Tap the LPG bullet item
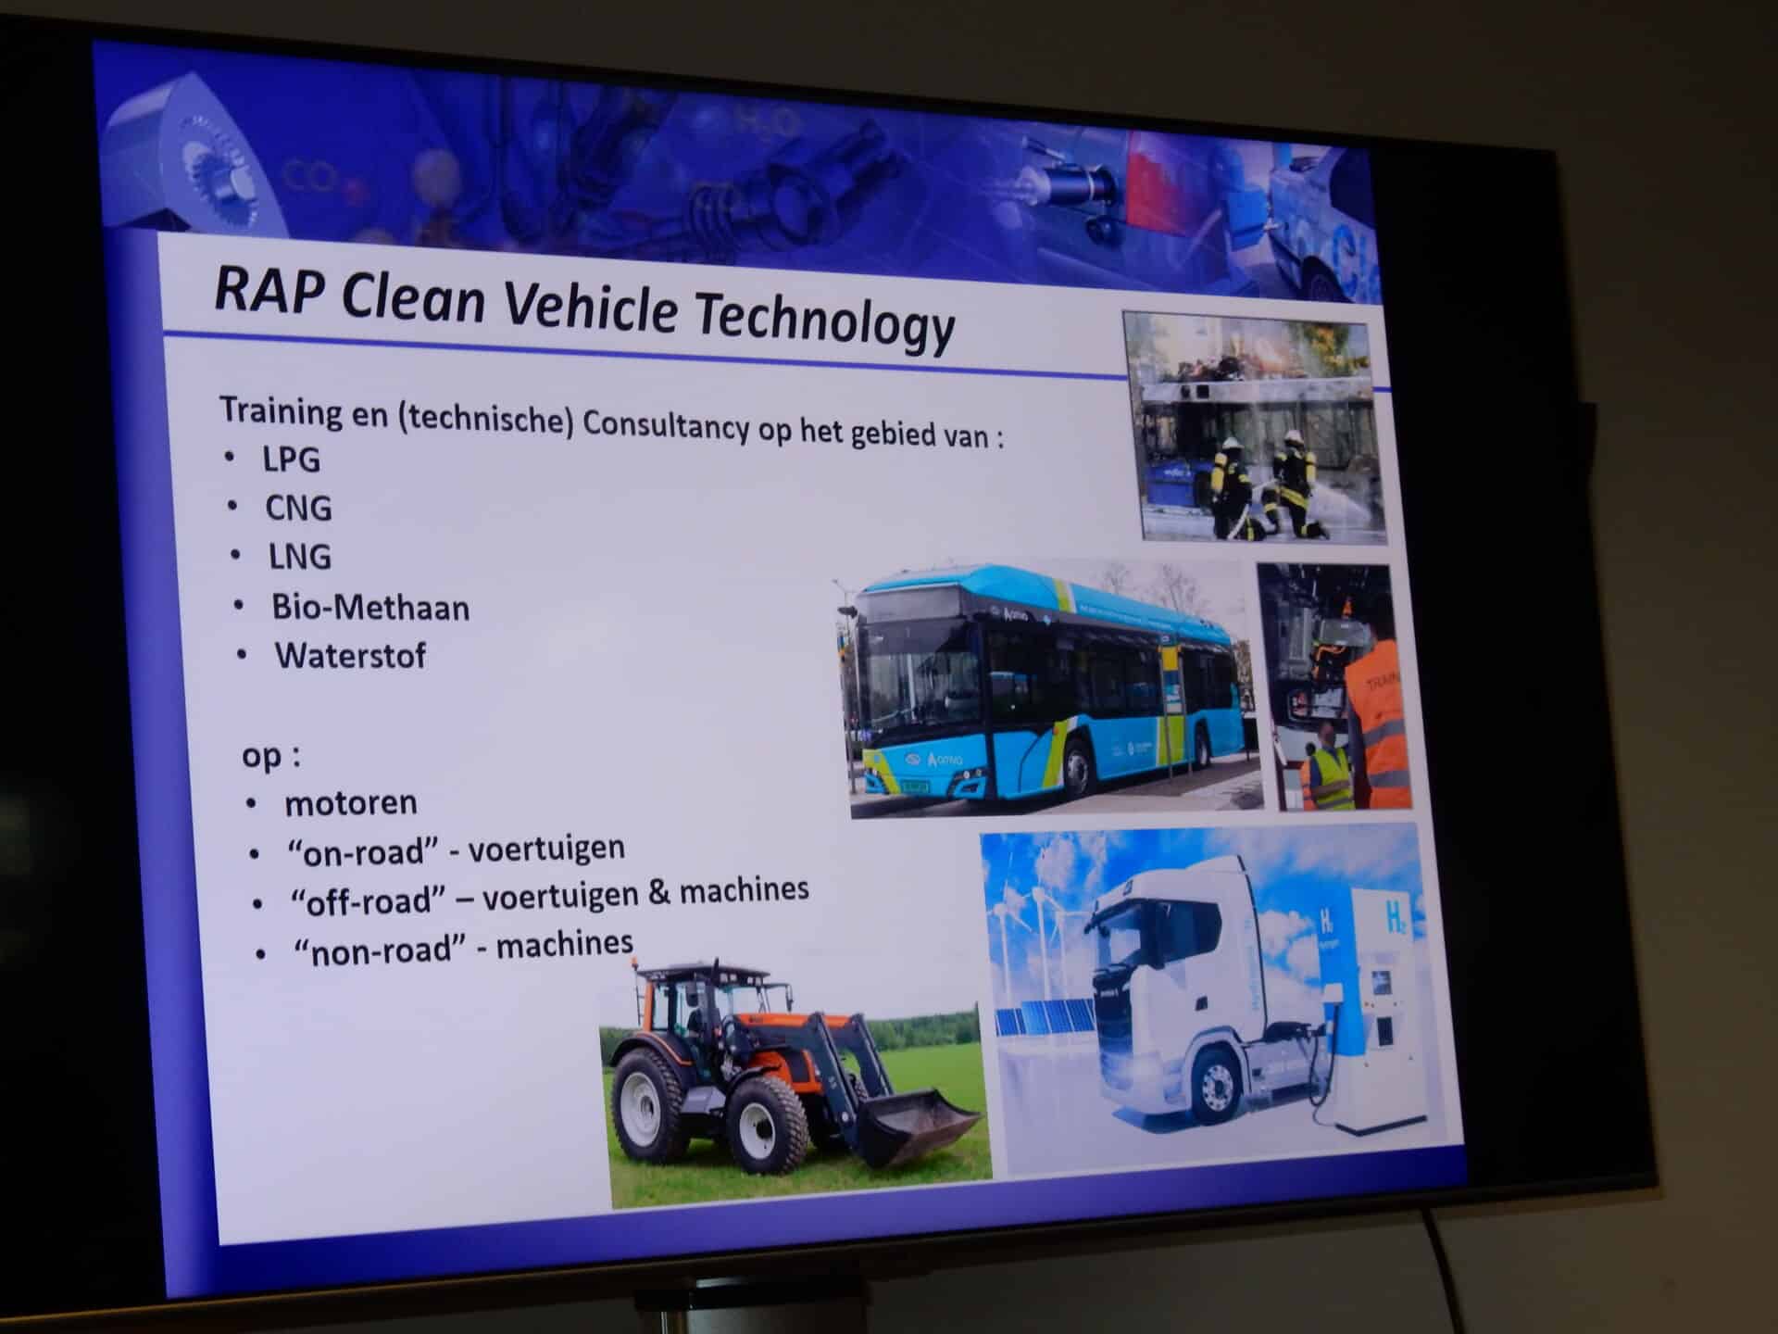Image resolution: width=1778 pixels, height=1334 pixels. tap(291, 459)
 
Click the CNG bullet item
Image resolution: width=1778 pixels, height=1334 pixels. tap(298, 508)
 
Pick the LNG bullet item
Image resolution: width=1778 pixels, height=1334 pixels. tap(299, 557)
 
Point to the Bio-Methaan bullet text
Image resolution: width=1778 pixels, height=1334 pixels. tap(370, 608)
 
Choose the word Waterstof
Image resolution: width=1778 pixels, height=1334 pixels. tap(350, 656)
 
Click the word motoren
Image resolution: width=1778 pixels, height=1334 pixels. tap(351, 803)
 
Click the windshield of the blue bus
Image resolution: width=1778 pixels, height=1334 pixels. tap(907, 666)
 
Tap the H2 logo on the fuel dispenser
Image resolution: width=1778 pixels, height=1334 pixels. tap(1395, 919)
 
